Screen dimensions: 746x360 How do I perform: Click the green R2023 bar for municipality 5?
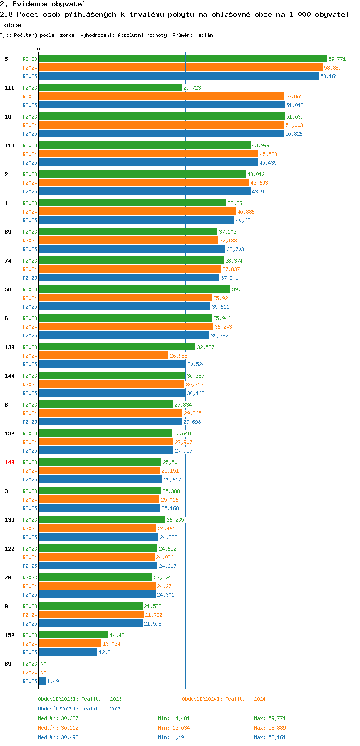click(x=182, y=59)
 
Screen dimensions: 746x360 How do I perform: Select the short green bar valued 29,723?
click(x=110, y=87)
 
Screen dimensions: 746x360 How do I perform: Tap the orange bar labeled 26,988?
click(x=104, y=355)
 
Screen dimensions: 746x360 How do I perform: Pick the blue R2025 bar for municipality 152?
click(x=68, y=652)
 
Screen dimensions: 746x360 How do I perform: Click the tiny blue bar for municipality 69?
click(x=42, y=681)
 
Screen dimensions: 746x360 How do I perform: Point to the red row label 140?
click(x=10, y=462)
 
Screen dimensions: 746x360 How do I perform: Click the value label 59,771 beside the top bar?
click(x=337, y=59)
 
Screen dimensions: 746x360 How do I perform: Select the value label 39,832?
click(x=241, y=289)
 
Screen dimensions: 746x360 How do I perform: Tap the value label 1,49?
click(x=53, y=681)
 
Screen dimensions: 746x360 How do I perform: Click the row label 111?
click(x=10, y=88)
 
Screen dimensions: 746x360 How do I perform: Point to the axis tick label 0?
click(x=39, y=49)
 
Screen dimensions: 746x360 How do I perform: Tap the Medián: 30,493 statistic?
click(x=58, y=737)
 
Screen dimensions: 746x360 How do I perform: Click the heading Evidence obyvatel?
click(x=43, y=4)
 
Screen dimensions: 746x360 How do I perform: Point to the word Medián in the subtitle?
click(x=203, y=35)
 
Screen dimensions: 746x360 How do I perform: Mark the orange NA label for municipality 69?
click(x=43, y=673)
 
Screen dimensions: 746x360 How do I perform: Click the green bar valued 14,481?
click(x=73, y=635)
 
